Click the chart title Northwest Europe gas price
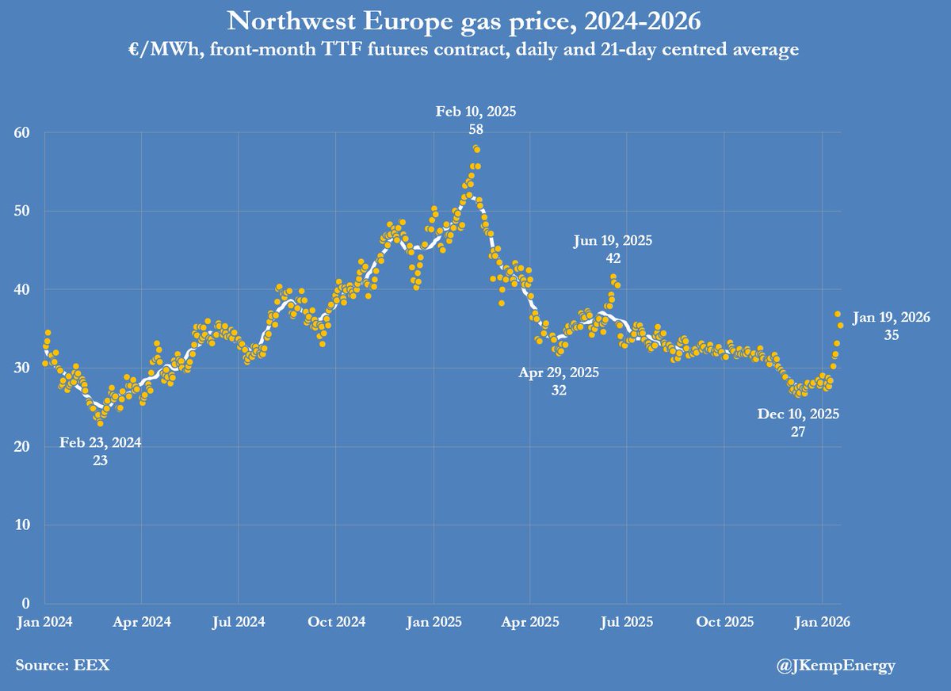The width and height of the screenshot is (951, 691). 475,21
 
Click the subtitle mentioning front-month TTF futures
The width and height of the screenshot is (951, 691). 475,49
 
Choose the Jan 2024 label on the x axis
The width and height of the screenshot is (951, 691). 44,622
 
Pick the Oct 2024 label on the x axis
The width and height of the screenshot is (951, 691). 335,622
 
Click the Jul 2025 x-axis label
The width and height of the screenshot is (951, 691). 626,622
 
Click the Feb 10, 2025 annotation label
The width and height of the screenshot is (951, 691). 475,119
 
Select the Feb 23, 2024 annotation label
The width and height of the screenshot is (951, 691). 101,450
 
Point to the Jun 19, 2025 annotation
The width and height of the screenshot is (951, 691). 613,249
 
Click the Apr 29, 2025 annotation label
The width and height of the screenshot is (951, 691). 560,380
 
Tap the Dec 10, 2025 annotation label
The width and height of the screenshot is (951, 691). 799,422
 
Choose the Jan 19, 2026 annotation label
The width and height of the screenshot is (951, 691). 891,326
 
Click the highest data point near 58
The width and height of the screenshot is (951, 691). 476,149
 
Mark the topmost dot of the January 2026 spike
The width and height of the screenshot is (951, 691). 837,315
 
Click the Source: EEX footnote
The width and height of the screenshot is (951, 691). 63,666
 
